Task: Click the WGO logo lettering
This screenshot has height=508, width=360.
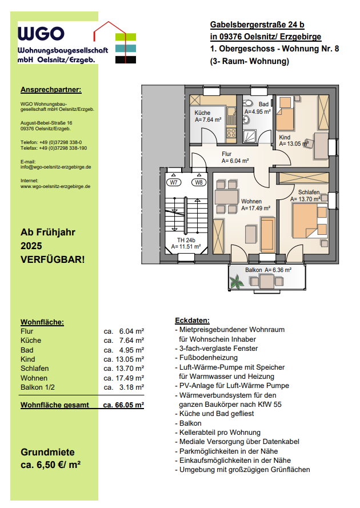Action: pos(41,34)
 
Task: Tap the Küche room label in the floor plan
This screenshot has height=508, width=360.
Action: pos(202,113)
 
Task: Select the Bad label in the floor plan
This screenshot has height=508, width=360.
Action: pos(263,104)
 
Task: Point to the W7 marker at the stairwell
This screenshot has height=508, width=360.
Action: pos(174,182)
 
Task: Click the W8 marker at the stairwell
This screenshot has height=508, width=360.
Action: pos(199,182)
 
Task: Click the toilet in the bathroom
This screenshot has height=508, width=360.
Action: pos(248,103)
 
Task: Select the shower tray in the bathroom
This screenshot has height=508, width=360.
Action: pos(250,137)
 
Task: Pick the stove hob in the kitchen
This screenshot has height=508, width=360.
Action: pos(231,133)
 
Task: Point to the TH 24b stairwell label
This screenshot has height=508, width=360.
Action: pos(186,240)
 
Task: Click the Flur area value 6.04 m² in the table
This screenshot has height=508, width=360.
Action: pos(131,331)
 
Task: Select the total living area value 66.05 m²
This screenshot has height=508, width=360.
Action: pos(123,405)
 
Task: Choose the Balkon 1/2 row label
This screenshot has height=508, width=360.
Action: pos(38,387)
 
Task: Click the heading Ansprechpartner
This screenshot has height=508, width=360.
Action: pos(51,90)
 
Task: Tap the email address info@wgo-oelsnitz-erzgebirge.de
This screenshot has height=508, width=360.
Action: pos(56,167)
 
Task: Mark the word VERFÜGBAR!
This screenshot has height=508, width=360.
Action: pos(53,260)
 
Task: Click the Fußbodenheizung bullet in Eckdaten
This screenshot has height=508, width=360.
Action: pos(208,358)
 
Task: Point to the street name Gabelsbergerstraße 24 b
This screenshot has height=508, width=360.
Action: pos(257,25)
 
